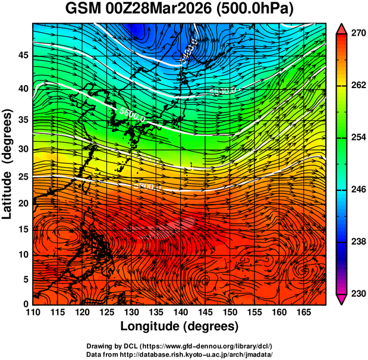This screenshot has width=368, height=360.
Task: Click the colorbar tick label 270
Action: coord(354,34)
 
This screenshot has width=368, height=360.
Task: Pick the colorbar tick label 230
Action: coord(354,293)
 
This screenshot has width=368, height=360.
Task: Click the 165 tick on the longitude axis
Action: coord(303,312)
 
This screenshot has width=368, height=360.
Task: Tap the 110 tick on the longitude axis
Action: coord(33,312)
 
